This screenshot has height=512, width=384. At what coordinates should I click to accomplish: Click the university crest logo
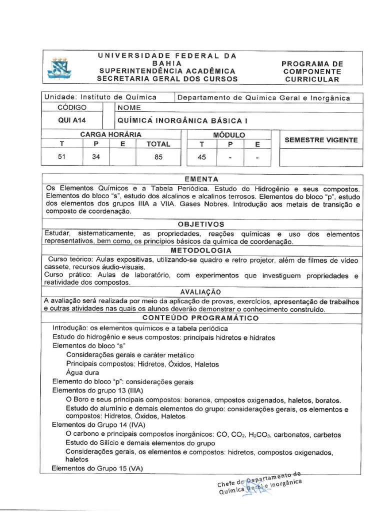[59, 68]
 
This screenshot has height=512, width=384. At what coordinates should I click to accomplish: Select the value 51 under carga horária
[62, 156]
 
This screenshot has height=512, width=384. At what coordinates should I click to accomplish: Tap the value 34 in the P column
[95, 156]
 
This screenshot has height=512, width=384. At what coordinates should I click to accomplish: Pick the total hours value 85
[158, 156]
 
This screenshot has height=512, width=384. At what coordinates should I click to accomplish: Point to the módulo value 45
[202, 156]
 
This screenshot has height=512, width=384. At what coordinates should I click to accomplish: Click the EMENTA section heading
[201, 179]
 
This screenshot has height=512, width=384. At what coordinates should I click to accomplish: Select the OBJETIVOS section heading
[201, 224]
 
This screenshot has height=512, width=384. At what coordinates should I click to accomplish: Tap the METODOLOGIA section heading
[201, 250]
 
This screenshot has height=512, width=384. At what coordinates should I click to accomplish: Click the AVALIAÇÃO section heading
[200, 292]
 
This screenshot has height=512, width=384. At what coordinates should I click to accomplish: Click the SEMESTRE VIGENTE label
[321, 140]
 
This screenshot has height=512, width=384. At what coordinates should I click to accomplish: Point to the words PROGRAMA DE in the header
[312, 64]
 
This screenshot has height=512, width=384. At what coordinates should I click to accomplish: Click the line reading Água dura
[82, 372]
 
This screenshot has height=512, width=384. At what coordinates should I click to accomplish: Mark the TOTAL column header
[158, 144]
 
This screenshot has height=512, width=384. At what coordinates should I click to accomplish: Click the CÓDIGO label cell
[72, 107]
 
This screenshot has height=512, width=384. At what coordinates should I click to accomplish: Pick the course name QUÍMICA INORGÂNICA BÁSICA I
[182, 120]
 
